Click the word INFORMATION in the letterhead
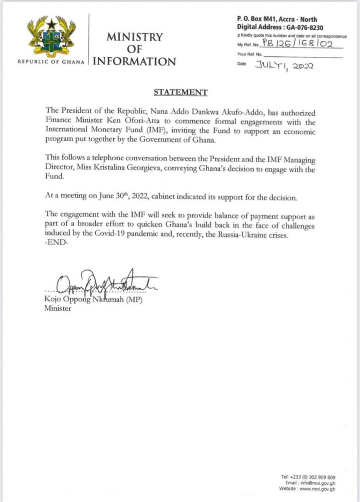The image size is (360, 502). [x=134, y=62]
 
